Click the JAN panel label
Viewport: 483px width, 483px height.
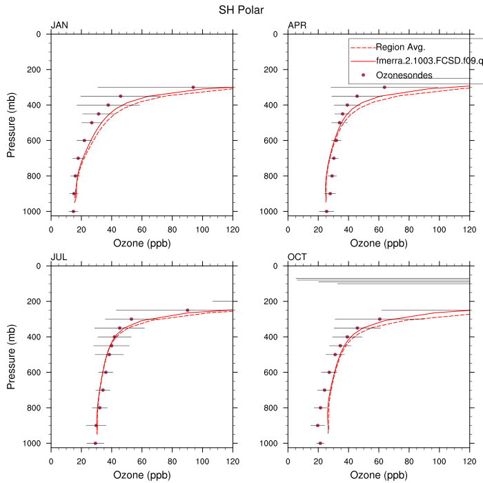click(59, 26)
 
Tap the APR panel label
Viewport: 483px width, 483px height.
click(297, 26)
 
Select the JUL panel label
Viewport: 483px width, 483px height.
click(59, 257)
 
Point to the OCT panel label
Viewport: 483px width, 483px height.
click(297, 257)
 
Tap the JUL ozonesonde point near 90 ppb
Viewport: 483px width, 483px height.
click(187, 310)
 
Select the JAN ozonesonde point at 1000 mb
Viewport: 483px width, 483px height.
click(73, 211)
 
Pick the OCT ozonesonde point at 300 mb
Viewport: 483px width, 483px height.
click(379, 319)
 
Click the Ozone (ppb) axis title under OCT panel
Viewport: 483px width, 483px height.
click(378, 475)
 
